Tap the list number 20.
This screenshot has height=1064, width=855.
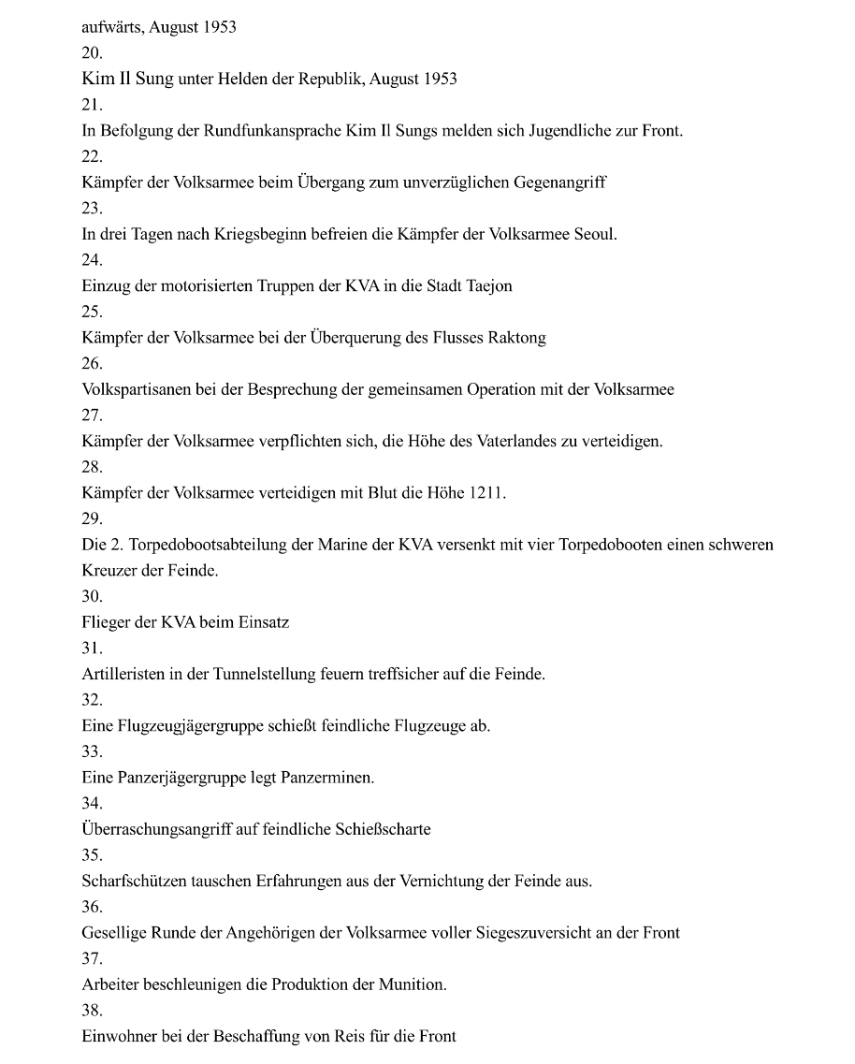pos(92,53)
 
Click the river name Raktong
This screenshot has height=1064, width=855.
pos(516,338)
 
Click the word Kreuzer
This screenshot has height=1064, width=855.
pos(109,571)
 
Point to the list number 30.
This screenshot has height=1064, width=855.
pos(92,596)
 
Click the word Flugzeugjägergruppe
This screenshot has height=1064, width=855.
pos(186,726)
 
